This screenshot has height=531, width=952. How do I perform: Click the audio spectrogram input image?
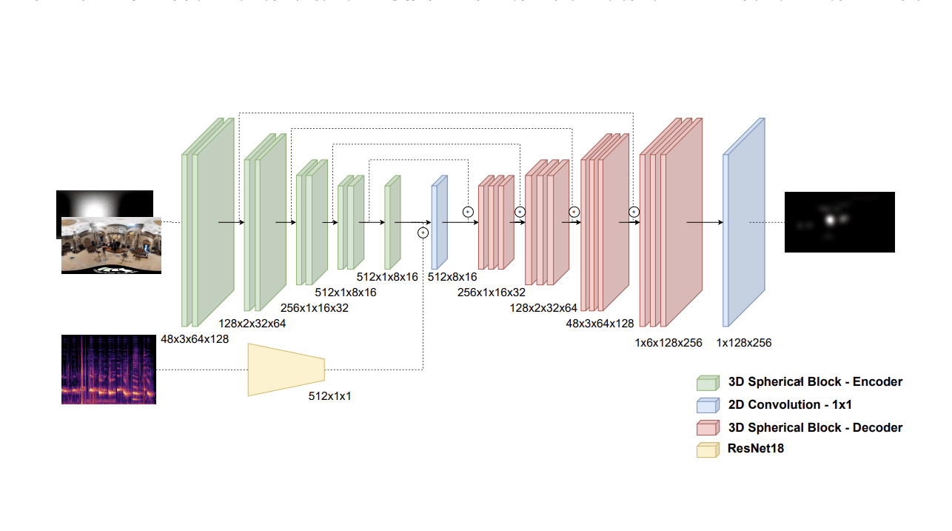pyautogui.click(x=108, y=369)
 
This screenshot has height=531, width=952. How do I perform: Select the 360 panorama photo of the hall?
pyautogui.click(x=111, y=245)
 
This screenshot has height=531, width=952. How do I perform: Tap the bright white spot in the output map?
pyautogui.click(x=831, y=219)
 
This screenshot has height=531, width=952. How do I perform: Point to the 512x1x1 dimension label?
pyautogui.click(x=329, y=396)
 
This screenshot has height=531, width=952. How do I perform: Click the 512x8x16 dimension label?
pyautogui.click(x=452, y=277)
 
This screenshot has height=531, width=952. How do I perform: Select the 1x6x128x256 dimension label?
pyautogui.click(x=668, y=343)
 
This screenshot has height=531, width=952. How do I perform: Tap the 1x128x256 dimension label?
pyautogui.click(x=744, y=343)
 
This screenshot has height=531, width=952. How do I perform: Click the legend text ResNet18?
pyautogui.click(x=756, y=448)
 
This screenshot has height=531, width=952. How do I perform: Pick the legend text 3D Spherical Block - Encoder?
pyautogui.click(x=815, y=382)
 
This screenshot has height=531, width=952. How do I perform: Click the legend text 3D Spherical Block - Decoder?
pyautogui.click(x=815, y=427)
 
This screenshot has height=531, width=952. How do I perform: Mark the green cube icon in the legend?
pyautogui.click(x=708, y=383)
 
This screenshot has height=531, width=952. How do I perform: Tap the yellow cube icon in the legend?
pyautogui.click(x=708, y=450)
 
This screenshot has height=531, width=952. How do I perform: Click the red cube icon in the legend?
pyautogui.click(x=708, y=428)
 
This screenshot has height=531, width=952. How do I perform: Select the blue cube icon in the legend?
pyautogui.click(x=708, y=405)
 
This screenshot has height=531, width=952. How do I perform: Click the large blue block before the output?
pyautogui.click(x=743, y=222)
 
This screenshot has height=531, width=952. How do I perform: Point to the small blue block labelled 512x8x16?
pyautogui.click(x=439, y=222)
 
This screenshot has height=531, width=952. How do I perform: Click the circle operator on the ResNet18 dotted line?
pyautogui.click(x=423, y=233)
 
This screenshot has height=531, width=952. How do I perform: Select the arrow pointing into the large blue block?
pyautogui.click(x=705, y=222)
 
